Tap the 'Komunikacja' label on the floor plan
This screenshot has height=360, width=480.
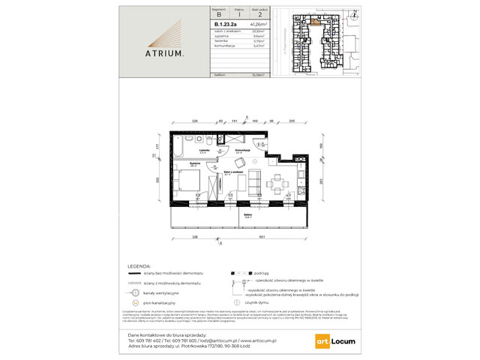(241, 150)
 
